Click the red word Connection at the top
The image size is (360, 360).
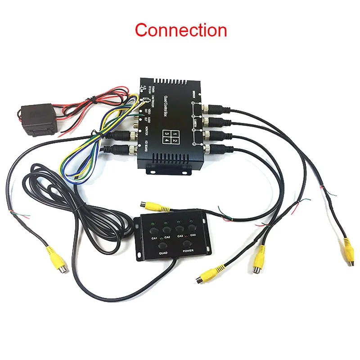[180, 30]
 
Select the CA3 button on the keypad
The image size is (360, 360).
[180, 229]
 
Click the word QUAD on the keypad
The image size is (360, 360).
[162, 253]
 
